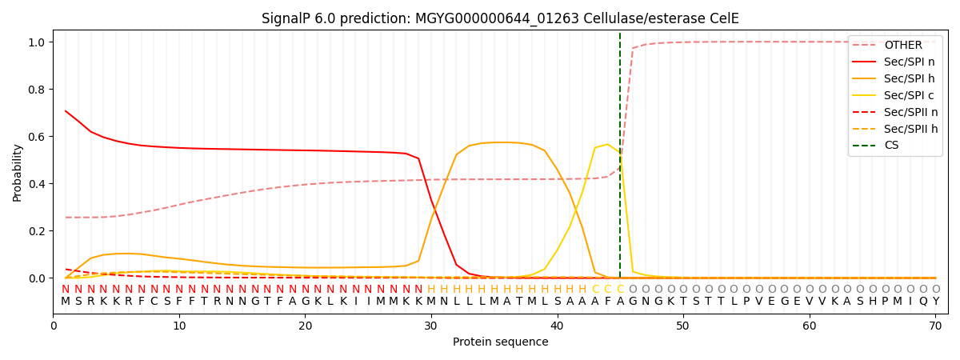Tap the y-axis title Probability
(18, 172)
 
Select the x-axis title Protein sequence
(500, 342)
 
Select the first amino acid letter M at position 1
(66, 302)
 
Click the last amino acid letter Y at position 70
(935, 302)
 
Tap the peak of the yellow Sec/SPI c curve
(607, 145)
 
